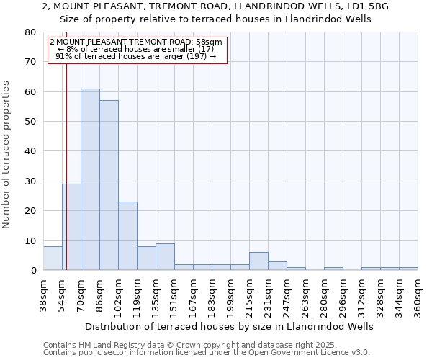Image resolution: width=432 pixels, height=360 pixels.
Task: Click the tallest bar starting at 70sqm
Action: coord(90,179)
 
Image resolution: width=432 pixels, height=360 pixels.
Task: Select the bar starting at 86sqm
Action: coord(109,185)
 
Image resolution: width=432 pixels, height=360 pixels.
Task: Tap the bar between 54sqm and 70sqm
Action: coord(71,227)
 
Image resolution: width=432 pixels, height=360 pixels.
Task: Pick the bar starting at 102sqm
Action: coord(127,236)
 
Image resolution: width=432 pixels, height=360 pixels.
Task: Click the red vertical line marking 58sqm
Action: coord(66,180)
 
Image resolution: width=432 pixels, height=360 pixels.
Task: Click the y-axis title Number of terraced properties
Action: coord(6,155)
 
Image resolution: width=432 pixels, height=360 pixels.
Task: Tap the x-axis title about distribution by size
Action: coord(229,326)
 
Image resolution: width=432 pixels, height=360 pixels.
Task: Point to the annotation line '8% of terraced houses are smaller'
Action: coord(136,49)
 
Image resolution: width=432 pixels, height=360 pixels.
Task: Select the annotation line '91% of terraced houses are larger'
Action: coord(136,56)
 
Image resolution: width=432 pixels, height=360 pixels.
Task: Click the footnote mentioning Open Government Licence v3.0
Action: coord(207,353)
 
